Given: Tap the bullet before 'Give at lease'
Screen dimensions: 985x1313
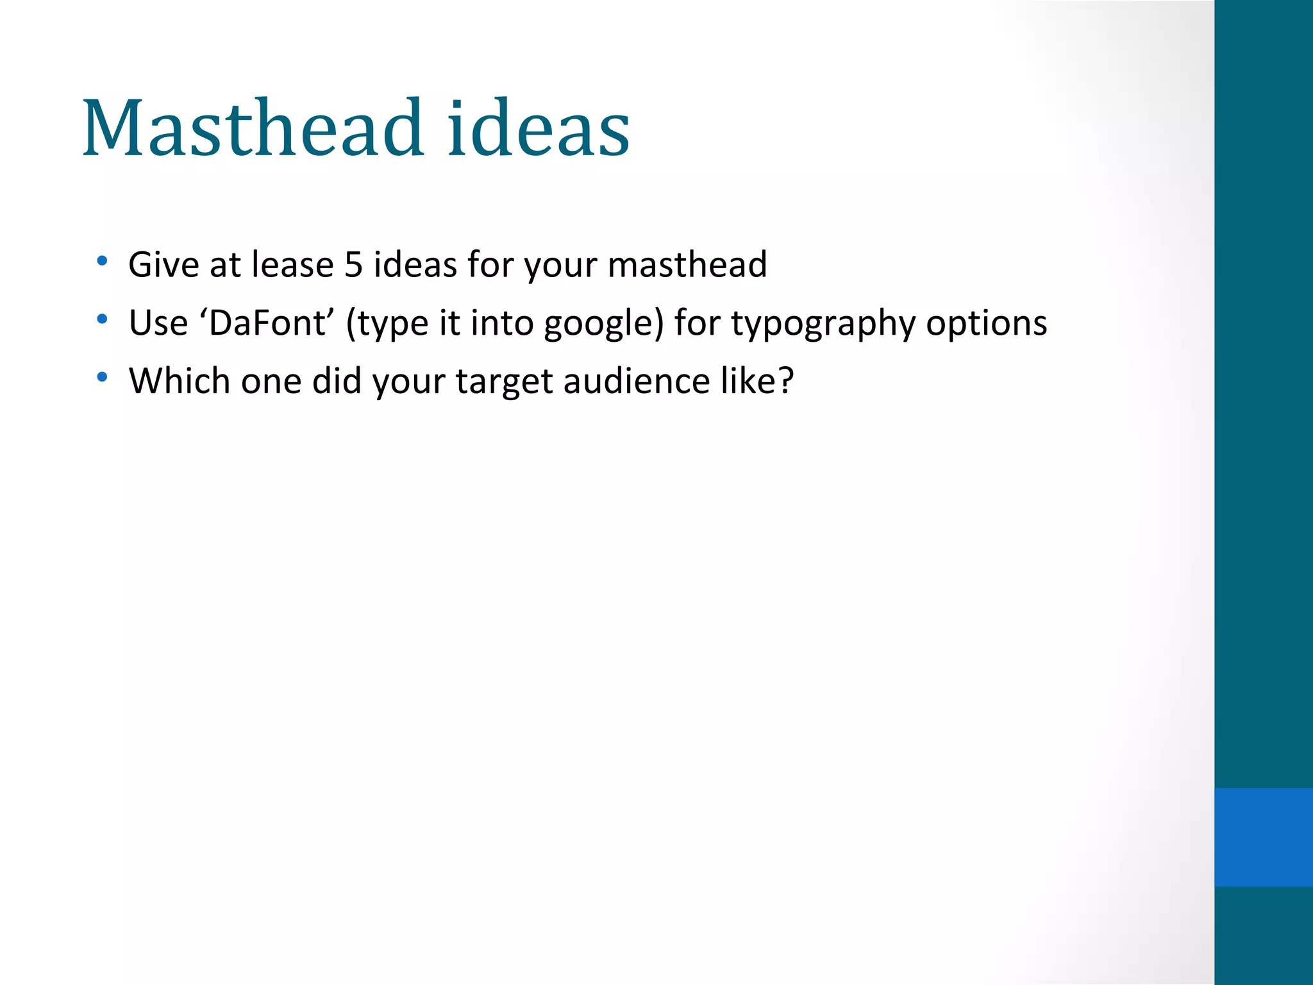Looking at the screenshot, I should click(x=102, y=261).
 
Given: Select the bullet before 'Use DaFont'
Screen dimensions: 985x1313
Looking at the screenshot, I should click(x=102, y=319).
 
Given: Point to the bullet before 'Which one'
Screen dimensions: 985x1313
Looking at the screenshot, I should click(x=102, y=377).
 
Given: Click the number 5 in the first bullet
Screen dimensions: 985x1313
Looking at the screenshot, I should click(x=353, y=264).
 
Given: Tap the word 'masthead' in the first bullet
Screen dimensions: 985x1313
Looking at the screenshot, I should click(x=687, y=264).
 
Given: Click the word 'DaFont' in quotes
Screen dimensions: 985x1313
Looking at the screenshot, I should click(x=268, y=323).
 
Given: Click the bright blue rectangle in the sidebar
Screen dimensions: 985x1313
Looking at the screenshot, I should click(x=1263, y=837).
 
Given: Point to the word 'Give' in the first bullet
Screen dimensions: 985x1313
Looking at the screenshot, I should click(x=163, y=264).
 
